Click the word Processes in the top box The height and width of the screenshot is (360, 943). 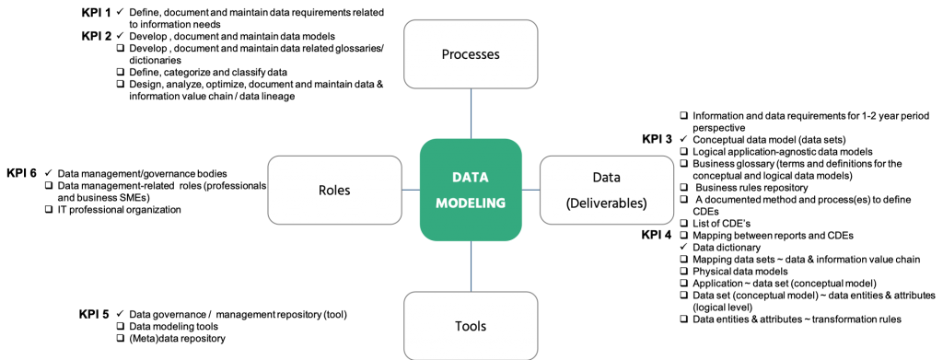point(471,54)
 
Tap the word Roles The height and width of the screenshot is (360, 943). point(333,191)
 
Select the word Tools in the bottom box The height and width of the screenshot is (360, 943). point(471,326)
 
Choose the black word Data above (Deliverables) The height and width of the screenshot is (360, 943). point(606,177)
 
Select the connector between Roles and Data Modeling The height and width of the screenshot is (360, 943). point(411,191)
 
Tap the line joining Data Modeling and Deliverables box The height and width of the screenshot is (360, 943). point(530,191)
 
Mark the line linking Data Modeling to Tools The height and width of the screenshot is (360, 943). point(471,266)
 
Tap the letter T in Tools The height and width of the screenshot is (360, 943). point(459,326)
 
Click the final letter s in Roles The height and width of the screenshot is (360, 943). point(347,191)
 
